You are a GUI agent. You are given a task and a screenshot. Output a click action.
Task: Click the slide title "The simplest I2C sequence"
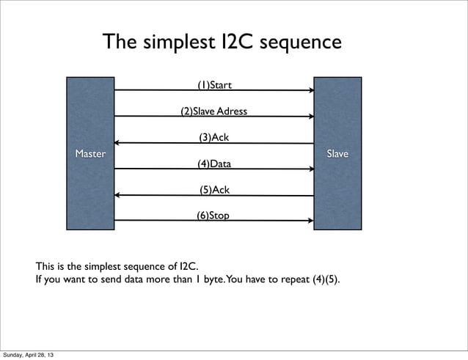coord(222,43)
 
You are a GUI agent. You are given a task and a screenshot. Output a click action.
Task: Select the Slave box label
coord(337,154)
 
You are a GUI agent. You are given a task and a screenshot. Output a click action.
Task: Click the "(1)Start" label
coord(215,86)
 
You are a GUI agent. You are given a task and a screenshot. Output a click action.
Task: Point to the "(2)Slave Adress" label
coord(214,111)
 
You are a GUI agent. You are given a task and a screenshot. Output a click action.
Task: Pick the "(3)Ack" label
coord(214,137)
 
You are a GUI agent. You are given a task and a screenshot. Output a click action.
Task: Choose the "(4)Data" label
coord(214,164)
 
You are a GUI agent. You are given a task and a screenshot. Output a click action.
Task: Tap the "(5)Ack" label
coord(214,190)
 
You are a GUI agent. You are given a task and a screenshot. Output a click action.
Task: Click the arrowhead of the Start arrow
coord(312,91)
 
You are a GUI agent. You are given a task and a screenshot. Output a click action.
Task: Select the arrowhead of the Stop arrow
coord(312,221)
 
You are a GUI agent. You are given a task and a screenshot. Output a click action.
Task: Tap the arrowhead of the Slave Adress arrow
coord(312,117)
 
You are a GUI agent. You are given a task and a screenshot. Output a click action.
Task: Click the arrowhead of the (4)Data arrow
coord(312,169)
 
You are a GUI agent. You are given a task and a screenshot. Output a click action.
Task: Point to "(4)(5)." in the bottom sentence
coord(323,280)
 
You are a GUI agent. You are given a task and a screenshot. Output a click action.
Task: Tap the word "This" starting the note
coord(46,266)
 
